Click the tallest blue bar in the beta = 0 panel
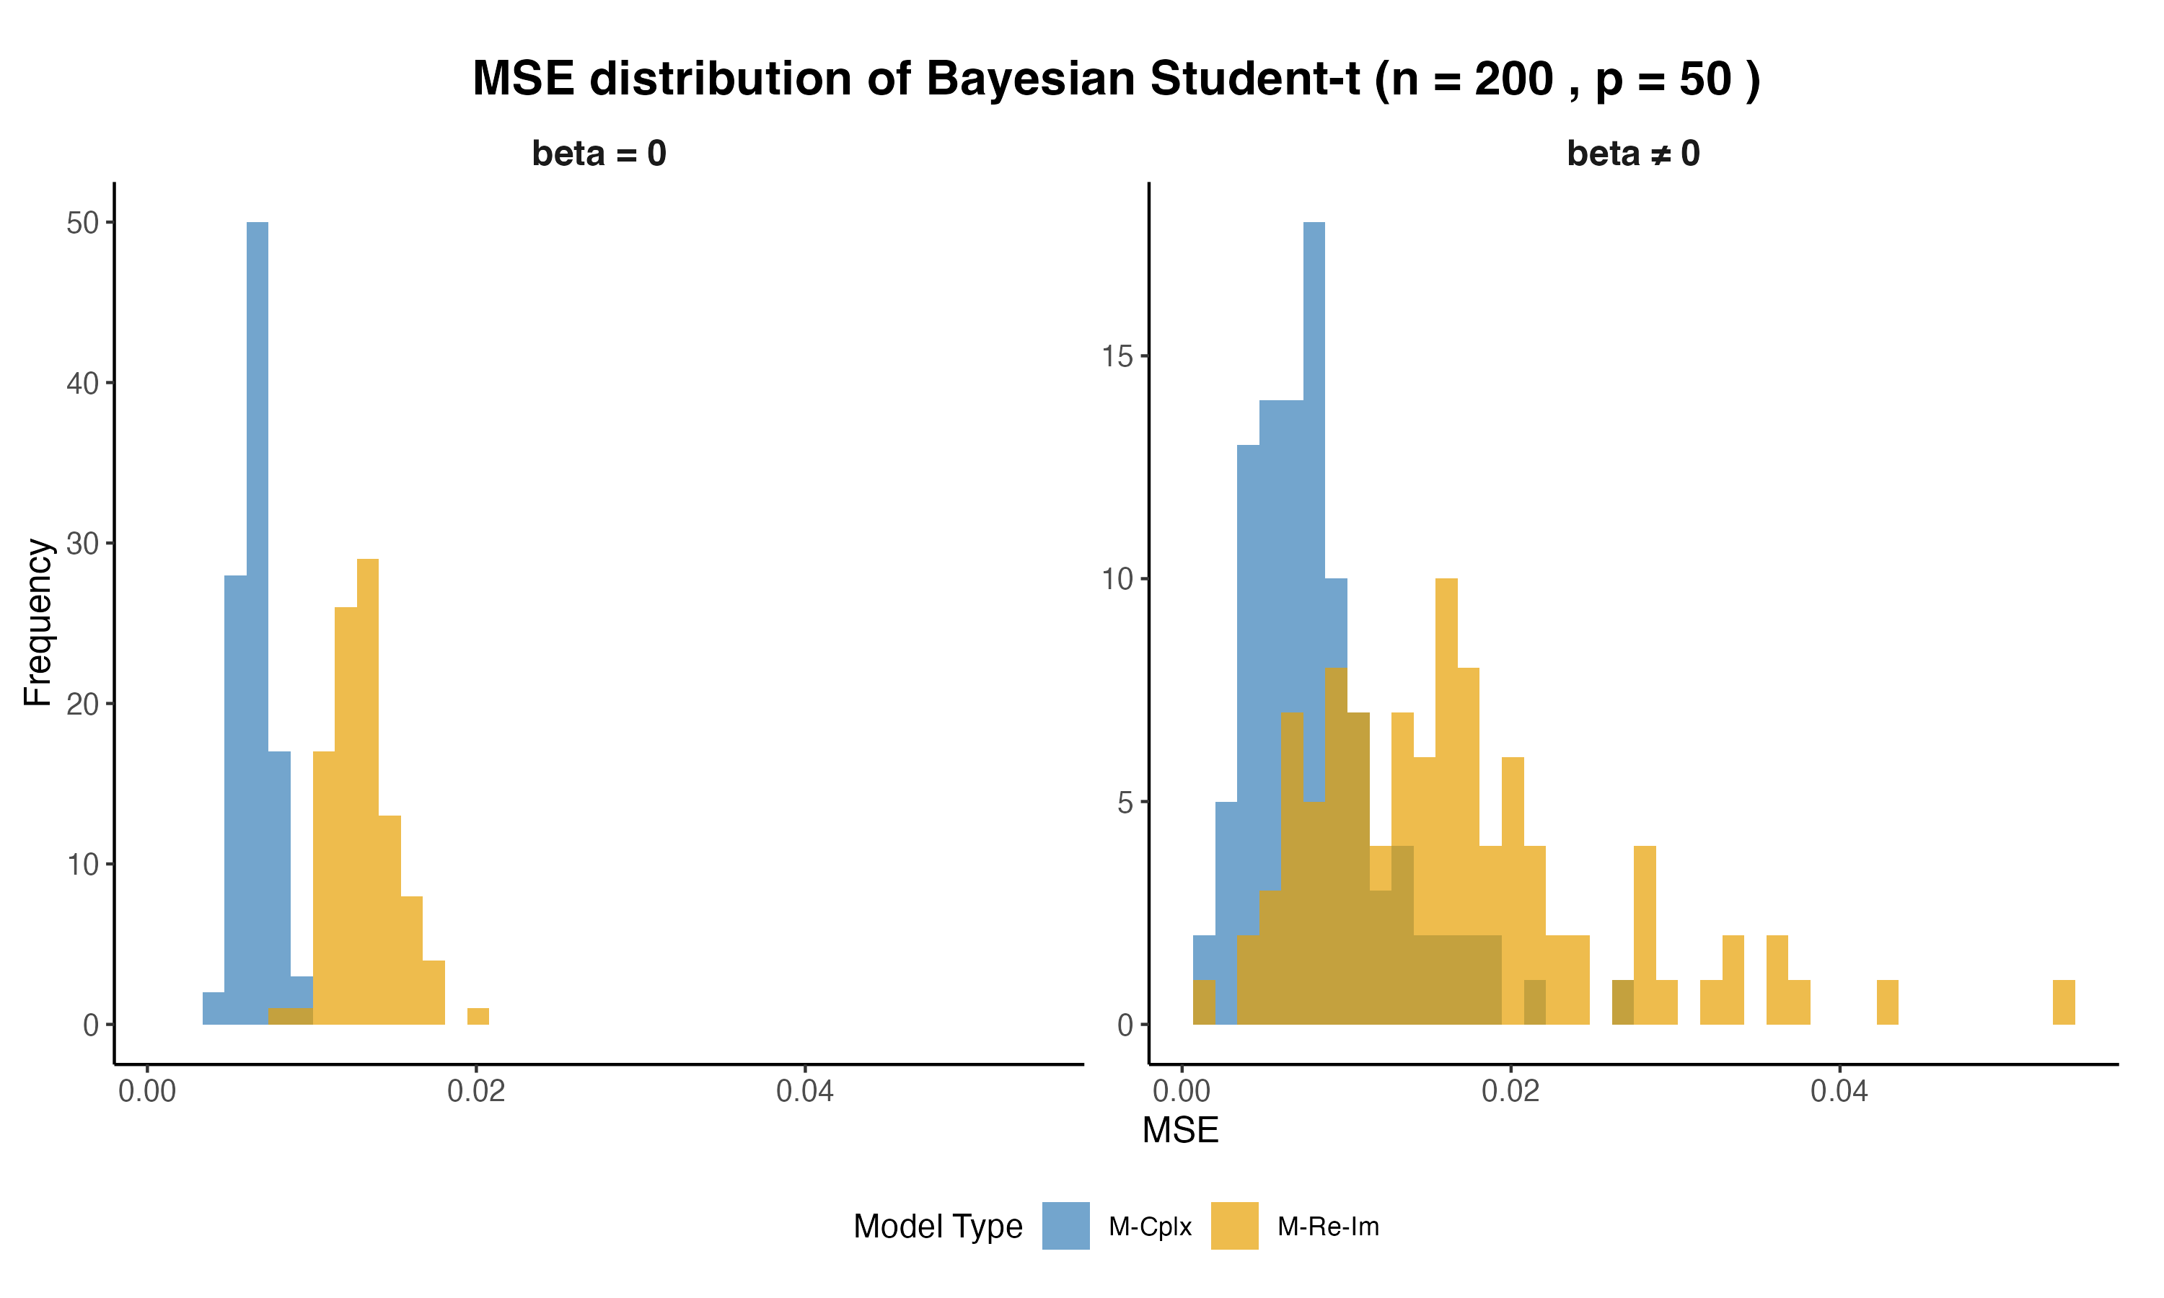point(258,612)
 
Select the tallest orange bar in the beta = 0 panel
point(367,787)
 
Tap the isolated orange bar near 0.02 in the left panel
point(478,1015)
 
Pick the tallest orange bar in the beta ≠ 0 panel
point(1446,787)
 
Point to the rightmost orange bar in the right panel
point(2064,1002)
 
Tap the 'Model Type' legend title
point(938,1227)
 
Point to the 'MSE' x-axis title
point(1180,1130)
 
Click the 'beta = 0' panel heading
point(599,154)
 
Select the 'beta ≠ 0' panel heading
point(1633,154)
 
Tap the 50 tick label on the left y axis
point(82,223)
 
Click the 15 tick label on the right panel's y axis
point(1117,357)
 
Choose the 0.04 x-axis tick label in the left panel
point(805,1091)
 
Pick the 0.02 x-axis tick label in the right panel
point(1510,1091)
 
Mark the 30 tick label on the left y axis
point(82,543)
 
